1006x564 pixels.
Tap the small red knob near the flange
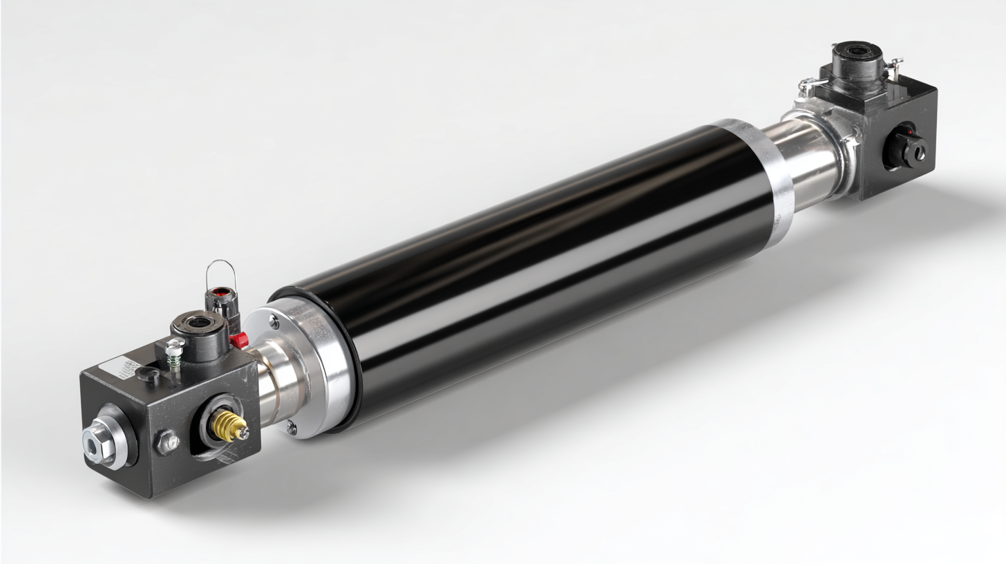coord(239,339)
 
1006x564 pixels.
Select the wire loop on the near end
coord(221,273)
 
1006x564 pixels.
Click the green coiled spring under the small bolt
coord(174,360)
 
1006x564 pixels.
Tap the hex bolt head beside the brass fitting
coord(167,442)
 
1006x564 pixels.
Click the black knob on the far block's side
coord(909,148)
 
